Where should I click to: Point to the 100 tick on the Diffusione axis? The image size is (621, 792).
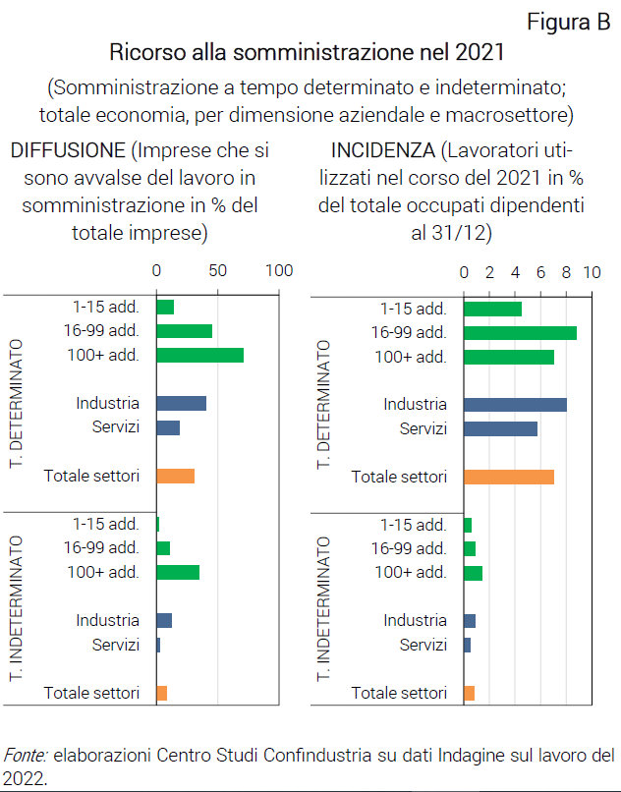point(280,270)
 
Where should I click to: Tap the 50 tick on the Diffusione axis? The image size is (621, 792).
point(217,270)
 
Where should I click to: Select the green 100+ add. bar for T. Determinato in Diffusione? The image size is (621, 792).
point(199,356)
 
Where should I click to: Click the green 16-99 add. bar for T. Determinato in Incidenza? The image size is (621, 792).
point(519,332)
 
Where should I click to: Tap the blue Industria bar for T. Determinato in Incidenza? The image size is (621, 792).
point(514,404)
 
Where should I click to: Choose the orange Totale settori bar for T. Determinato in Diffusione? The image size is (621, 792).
point(175,476)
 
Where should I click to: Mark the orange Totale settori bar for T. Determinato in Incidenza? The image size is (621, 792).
point(508,477)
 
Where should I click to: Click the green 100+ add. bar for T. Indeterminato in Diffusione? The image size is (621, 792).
point(178,572)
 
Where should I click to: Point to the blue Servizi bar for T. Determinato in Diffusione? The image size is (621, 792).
point(168,427)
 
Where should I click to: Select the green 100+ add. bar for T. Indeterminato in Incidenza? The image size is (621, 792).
point(473,573)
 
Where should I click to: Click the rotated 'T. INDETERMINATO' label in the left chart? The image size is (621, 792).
point(17,608)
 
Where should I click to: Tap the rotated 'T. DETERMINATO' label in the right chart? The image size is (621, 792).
point(325,404)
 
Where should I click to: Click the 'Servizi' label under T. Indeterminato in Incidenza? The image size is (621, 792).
point(423,645)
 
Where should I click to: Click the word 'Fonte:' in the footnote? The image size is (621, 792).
point(27,756)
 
